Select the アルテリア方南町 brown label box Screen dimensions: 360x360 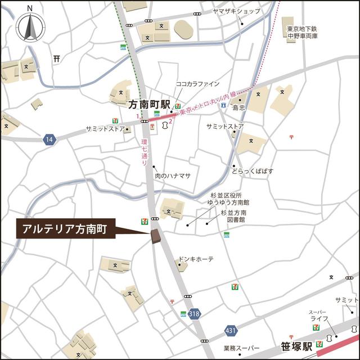tap(66, 229)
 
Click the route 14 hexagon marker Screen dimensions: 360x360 tap(50, 139)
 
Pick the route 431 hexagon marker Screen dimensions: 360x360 tap(230, 330)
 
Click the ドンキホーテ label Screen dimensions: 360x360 tap(196, 259)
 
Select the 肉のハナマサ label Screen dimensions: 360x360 tap(173, 175)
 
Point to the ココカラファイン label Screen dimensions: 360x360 tap(198, 84)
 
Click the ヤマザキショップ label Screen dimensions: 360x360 tap(236, 11)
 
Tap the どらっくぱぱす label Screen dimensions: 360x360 tap(255, 170)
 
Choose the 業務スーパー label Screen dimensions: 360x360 tap(241, 348)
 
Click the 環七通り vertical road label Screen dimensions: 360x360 tap(145, 151)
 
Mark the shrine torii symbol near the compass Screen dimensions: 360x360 tap(56, 58)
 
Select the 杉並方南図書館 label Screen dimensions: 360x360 tap(234, 217)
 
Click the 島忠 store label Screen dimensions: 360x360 tap(239, 107)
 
